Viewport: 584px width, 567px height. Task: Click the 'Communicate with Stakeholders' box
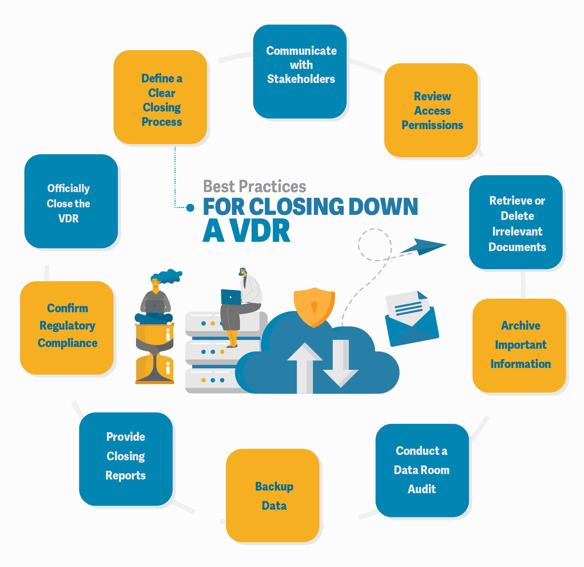tap(300, 71)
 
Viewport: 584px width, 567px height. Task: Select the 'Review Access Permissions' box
tap(431, 110)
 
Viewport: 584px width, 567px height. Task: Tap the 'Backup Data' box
tap(273, 495)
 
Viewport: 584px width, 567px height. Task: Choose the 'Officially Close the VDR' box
tap(71, 201)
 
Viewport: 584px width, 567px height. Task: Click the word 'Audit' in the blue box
tap(422, 489)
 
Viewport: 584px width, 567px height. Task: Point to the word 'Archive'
tap(521, 325)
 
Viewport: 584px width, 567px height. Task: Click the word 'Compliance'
tap(68, 343)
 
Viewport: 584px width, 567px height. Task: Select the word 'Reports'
tap(125, 476)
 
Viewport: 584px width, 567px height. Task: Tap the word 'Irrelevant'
tap(517, 231)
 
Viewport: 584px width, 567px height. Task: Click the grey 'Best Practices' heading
tap(255, 186)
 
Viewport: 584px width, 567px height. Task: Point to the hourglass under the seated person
tap(155, 354)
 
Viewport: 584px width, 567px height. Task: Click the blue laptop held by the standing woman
tap(231, 297)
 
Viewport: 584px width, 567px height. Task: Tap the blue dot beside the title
tap(190, 207)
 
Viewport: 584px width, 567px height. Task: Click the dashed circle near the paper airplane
tap(375, 245)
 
